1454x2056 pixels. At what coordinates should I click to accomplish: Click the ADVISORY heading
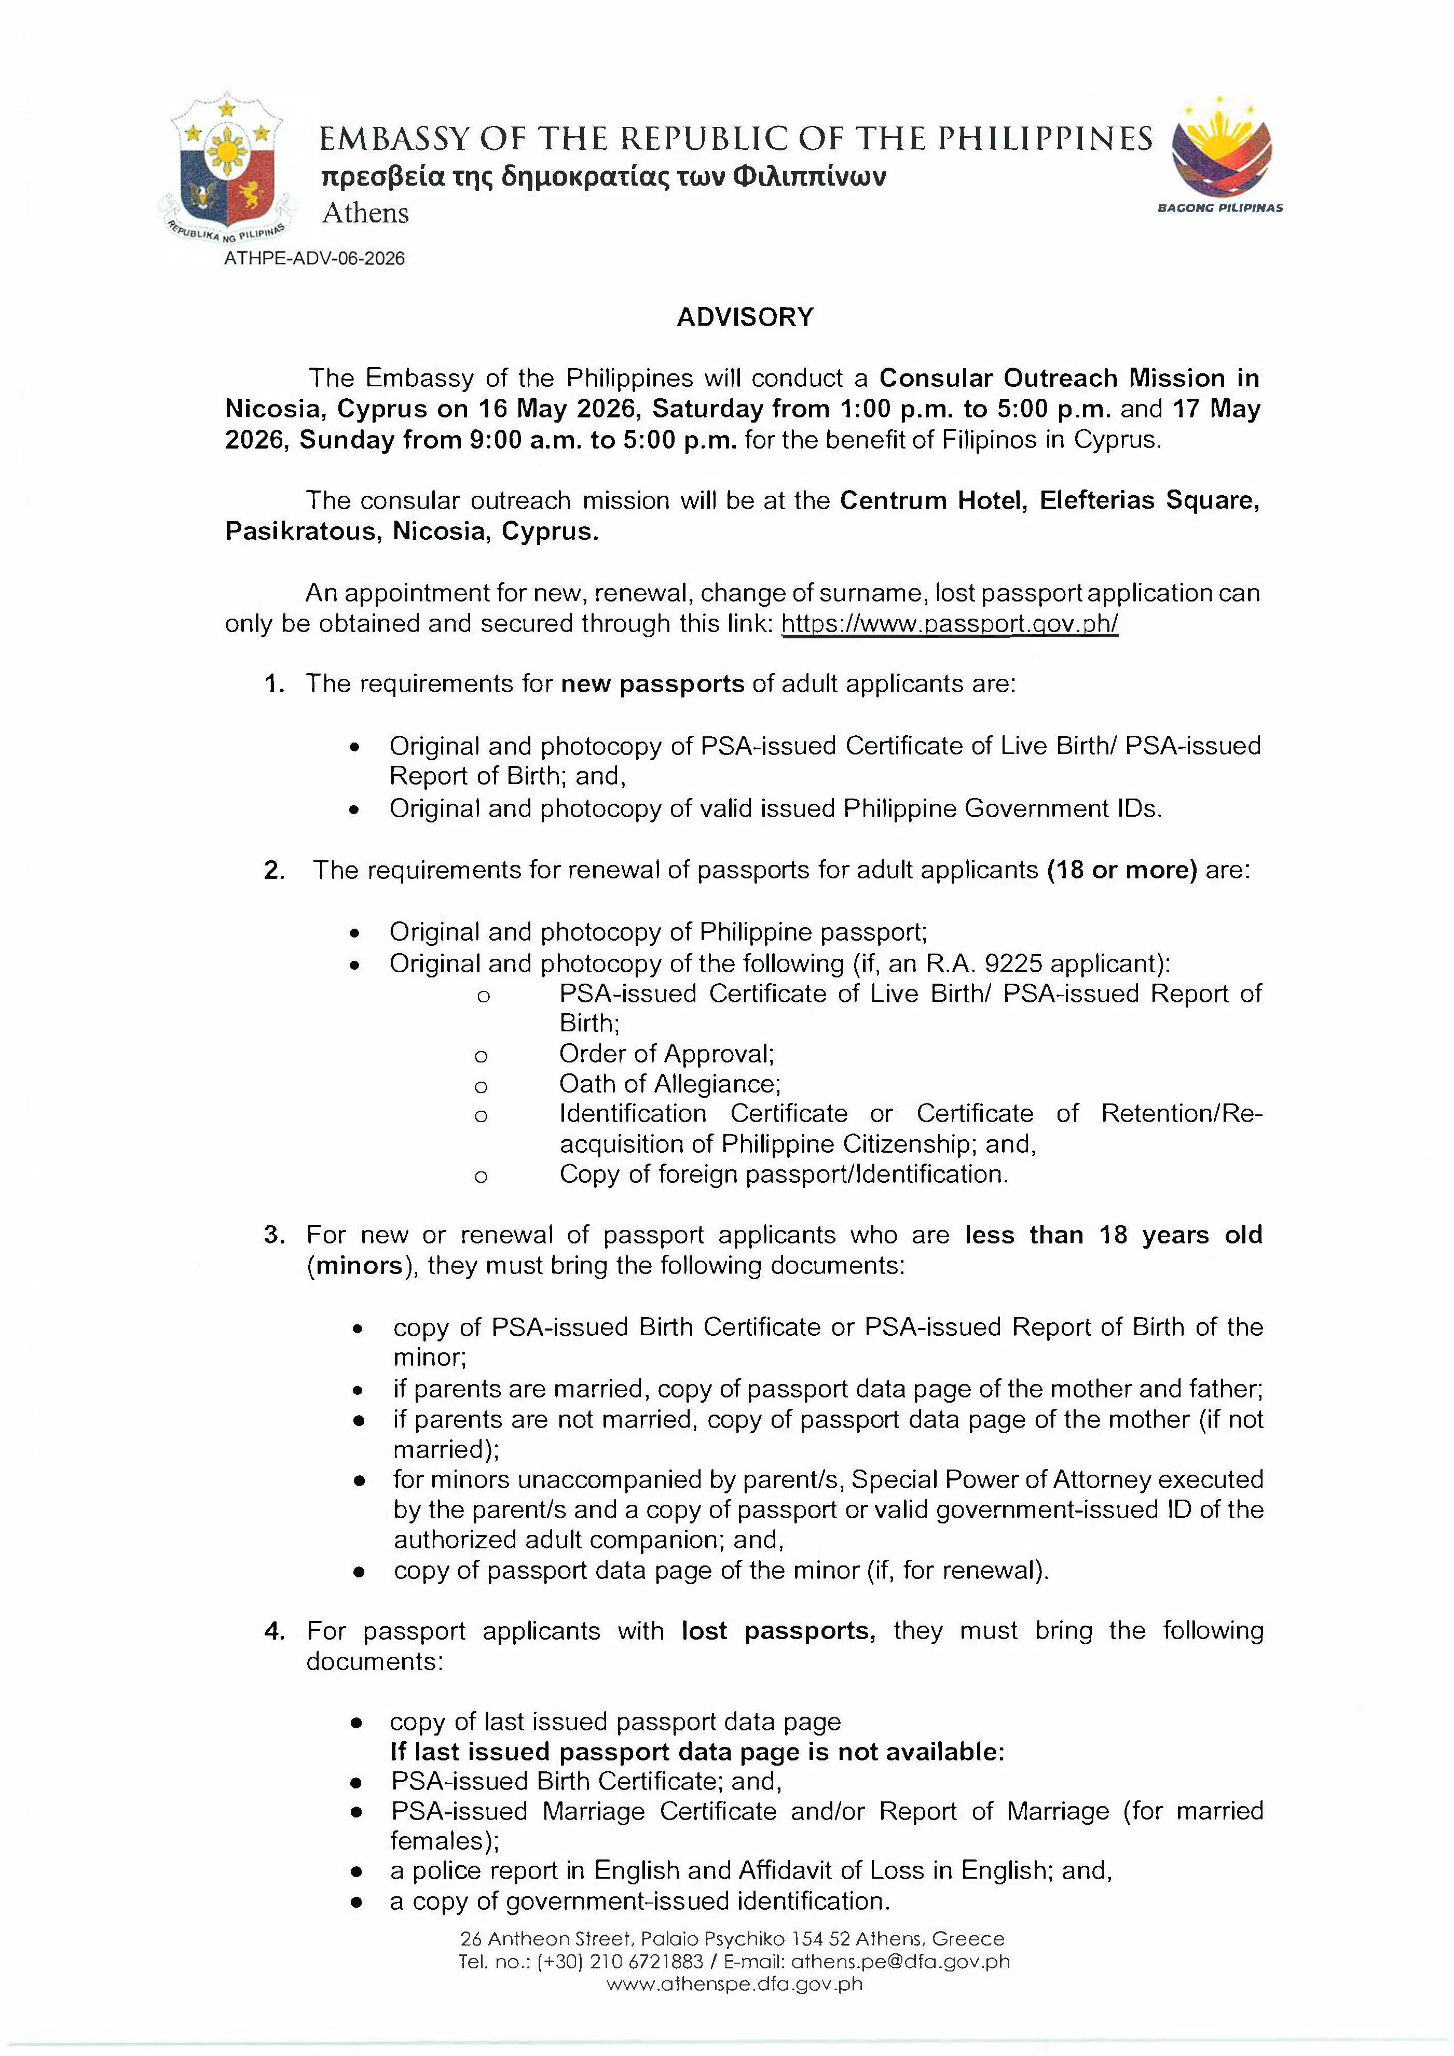point(745,317)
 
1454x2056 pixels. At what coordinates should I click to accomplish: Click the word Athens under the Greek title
point(365,213)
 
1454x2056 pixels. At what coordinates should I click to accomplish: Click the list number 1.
point(273,684)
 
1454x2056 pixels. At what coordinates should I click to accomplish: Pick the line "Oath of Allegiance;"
point(670,1084)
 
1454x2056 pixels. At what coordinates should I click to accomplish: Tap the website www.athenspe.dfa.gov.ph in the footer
point(735,1983)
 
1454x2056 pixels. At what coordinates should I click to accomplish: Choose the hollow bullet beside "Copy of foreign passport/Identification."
point(481,1176)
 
